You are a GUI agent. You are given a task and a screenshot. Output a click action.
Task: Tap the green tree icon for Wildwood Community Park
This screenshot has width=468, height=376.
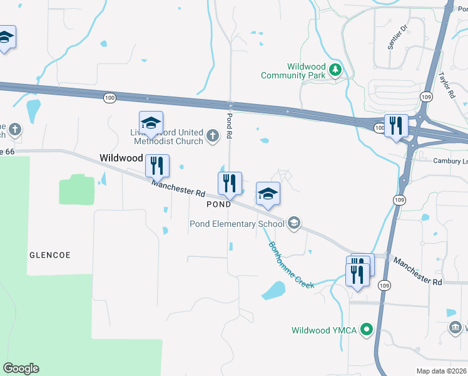pos(336,70)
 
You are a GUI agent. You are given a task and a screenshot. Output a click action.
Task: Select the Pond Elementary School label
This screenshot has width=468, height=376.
pos(237,224)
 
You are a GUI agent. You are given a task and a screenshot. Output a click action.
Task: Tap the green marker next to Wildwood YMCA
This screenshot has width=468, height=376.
pos(368,329)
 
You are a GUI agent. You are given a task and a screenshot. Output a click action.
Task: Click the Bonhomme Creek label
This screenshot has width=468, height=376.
pos(291,265)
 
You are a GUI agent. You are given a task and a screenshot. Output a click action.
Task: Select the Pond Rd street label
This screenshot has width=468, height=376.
pos(230,126)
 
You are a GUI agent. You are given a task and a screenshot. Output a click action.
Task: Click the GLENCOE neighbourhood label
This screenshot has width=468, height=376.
pos(50,255)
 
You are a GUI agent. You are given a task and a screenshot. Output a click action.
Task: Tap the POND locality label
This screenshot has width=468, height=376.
pos(219,204)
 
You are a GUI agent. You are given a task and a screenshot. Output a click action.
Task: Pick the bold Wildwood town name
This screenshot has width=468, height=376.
pos(121,158)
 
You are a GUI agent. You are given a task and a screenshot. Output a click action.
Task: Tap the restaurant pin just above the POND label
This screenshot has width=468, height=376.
pos(229,182)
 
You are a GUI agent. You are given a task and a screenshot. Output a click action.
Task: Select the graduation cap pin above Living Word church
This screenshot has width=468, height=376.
pos(151,122)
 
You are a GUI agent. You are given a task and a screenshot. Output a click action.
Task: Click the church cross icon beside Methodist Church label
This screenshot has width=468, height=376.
pos(213,134)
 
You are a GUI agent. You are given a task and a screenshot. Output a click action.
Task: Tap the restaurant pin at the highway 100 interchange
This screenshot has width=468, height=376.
pos(395,125)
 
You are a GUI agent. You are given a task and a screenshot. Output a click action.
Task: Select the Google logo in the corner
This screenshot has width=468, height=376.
pos(21,368)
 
